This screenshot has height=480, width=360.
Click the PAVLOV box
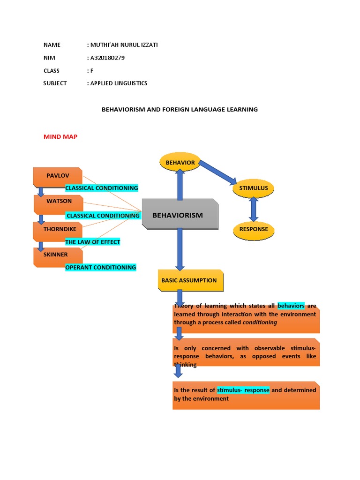pos(58,176)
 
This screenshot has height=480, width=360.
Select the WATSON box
pos(59,202)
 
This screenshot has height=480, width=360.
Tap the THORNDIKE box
pos(57,229)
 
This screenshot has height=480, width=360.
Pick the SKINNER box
pos(56,255)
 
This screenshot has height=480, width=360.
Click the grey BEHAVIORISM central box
pos(180,215)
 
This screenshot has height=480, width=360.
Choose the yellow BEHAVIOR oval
pos(180,163)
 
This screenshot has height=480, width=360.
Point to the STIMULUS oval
pos(254,188)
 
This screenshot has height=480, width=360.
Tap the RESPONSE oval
pos(254,230)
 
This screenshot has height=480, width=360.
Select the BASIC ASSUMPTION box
pos(189,280)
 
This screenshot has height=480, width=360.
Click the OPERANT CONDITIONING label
pos(101,268)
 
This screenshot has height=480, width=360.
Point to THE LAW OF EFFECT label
pos(93,242)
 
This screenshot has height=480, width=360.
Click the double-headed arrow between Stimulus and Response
pos(254,209)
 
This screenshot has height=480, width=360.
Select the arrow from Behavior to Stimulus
pos(217,173)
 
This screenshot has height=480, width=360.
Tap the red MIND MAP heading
pos(60,136)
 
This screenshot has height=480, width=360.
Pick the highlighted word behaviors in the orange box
pos(291,306)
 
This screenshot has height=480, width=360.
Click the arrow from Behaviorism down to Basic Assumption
pos(180,248)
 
